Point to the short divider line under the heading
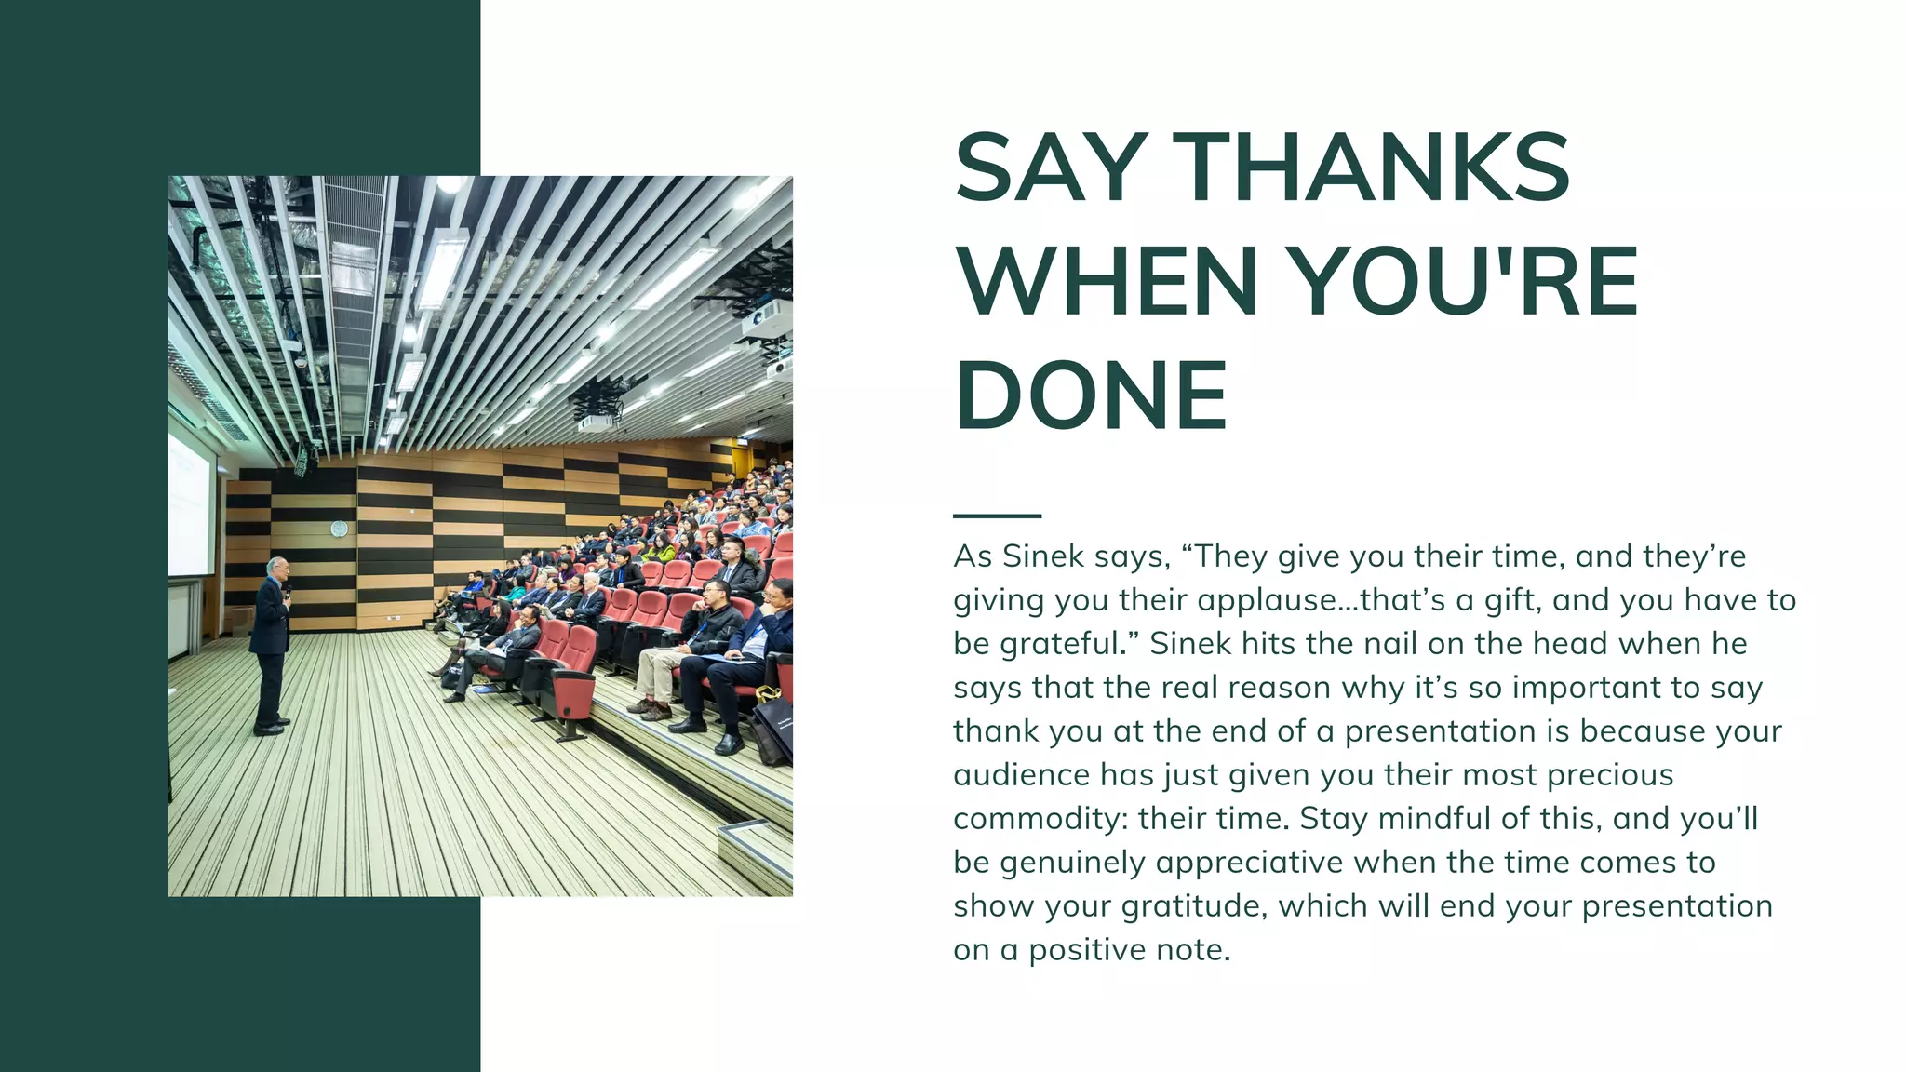click(x=997, y=516)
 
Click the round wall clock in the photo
click(x=339, y=529)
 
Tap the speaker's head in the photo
click(x=276, y=567)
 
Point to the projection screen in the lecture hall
click(x=190, y=507)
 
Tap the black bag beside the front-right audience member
click(x=773, y=730)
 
